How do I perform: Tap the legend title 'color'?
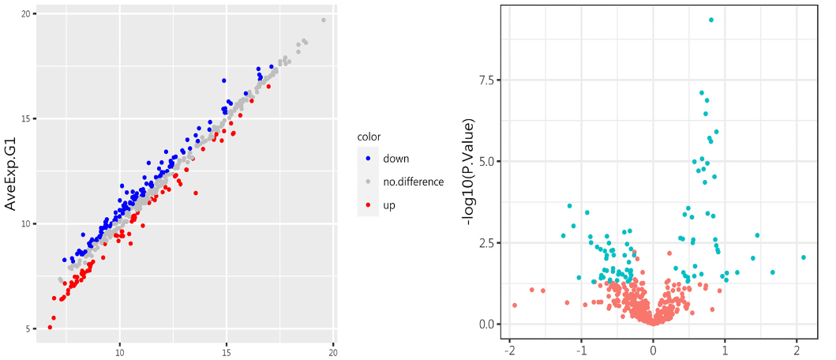click(369, 137)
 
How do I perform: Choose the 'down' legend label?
click(396, 159)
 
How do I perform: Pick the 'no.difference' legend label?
click(413, 182)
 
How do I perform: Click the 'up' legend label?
click(389, 205)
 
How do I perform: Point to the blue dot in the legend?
click(368, 159)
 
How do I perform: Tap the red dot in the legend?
click(368, 205)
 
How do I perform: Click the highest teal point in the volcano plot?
click(711, 20)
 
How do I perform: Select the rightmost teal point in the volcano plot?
click(804, 257)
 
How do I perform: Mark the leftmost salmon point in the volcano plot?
click(515, 305)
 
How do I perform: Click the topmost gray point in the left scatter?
click(324, 20)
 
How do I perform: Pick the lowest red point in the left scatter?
click(50, 327)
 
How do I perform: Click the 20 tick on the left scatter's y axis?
click(27, 14)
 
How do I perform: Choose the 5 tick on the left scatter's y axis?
click(28, 329)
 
